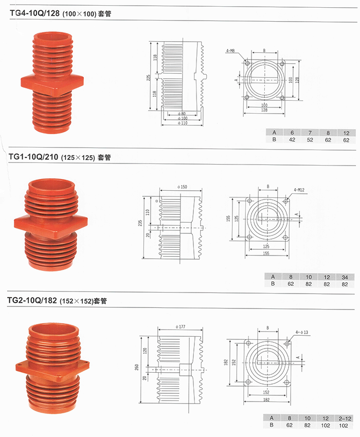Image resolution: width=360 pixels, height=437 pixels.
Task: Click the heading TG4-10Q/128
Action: [34, 13]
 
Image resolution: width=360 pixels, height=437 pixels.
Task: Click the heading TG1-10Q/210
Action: [33, 157]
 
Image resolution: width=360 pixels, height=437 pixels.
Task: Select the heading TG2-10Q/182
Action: [32, 300]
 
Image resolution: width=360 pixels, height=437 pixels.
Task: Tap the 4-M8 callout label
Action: [230, 51]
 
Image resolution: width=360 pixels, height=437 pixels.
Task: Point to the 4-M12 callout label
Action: [299, 190]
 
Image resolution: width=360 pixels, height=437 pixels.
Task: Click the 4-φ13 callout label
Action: [301, 332]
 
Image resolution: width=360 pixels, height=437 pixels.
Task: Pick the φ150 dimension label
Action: [182, 187]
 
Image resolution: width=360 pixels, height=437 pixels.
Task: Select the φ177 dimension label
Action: [181, 326]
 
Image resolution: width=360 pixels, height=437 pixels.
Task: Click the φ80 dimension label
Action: [182, 114]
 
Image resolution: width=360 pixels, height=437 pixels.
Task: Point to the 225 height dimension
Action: [149, 78]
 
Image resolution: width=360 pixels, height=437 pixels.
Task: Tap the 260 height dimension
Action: [137, 367]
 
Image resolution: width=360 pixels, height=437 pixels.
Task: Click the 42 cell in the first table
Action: [292, 140]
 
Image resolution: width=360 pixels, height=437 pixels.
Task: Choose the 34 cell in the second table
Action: [345, 277]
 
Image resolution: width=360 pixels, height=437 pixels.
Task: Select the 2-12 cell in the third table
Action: [345, 418]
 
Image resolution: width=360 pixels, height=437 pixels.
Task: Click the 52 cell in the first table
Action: [310, 140]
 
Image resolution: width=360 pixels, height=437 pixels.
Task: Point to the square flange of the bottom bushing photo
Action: [52, 368]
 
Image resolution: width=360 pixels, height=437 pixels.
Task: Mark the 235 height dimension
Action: [140, 223]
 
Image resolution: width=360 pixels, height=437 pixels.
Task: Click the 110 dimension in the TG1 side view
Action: [148, 212]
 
